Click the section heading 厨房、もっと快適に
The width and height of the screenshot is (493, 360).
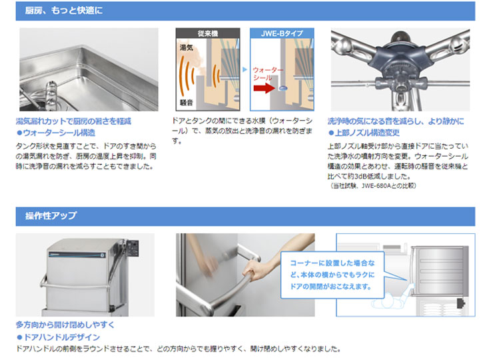coord(64,11)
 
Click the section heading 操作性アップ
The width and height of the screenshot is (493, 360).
coord(51,215)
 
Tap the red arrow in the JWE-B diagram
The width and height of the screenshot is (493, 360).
coord(264,87)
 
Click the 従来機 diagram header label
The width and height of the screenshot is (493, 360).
coord(208,33)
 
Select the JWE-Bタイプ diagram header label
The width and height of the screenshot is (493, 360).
coord(282,33)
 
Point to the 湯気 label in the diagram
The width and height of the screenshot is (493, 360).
coord(187,47)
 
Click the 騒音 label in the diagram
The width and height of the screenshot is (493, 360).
coord(187,102)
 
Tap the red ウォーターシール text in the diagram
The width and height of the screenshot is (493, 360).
coord(268,73)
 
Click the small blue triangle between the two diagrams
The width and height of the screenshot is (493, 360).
coord(245,69)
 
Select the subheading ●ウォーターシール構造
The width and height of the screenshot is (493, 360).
coord(56,133)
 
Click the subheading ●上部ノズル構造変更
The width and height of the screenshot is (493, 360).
coord(364,133)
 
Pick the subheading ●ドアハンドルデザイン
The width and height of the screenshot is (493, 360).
coord(59,337)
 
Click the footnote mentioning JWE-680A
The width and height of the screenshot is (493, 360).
coord(374,185)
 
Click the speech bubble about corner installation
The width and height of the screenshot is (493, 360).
coord(332,275)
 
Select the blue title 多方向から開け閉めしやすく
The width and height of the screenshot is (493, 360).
coord(65,325)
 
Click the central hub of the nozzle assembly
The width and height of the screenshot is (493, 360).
coord(400,63)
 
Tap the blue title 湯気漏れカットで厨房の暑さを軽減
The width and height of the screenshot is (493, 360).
coord(73,121)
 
